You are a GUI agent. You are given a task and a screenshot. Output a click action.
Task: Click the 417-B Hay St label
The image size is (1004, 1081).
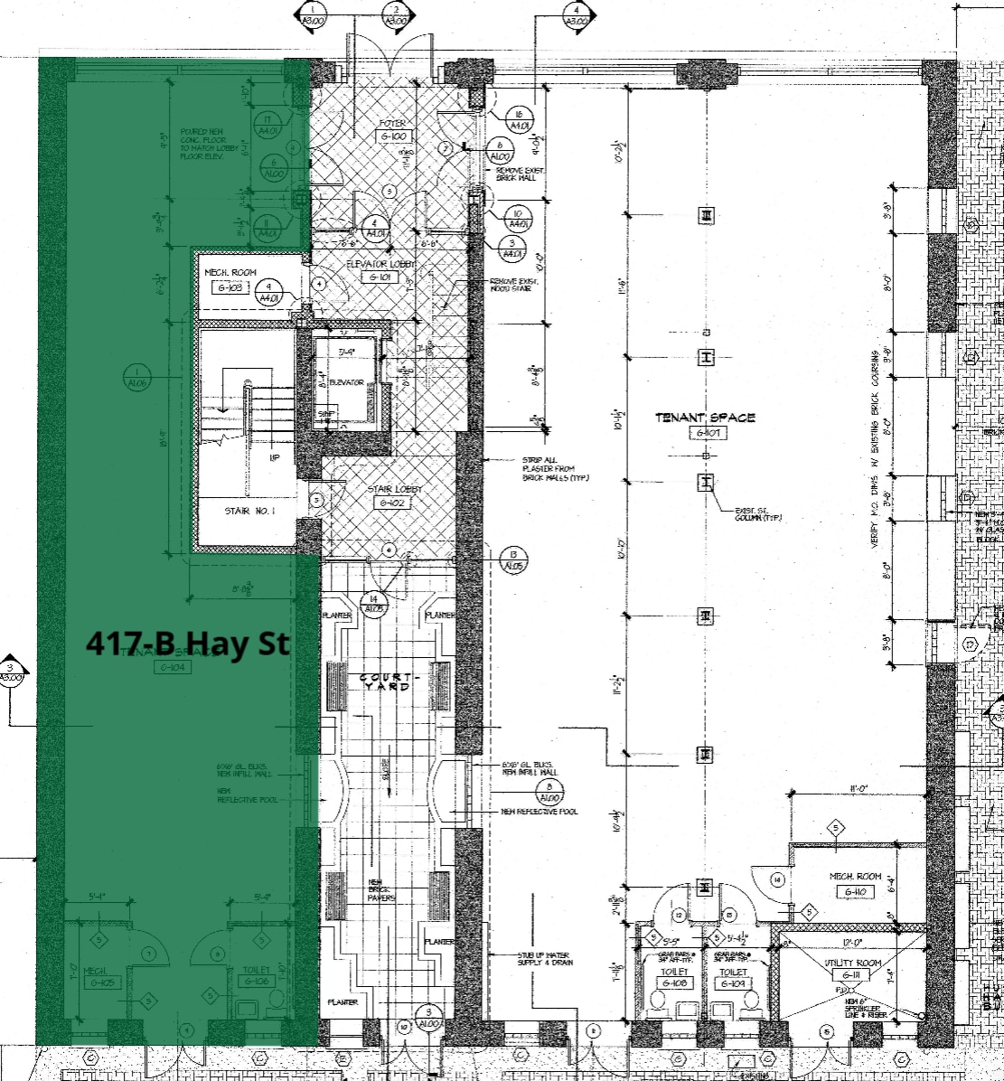(188, 644)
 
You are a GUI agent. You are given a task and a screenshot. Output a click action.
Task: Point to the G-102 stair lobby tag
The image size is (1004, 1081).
(394, 503)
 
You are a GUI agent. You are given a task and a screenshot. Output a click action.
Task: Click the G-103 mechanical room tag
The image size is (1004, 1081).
(230, 288)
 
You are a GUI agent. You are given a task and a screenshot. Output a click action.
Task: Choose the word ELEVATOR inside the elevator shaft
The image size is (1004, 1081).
(346, 382)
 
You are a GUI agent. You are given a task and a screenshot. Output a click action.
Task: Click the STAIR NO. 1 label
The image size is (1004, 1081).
(248, 512)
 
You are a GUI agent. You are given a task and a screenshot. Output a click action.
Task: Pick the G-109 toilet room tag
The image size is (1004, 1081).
(732, 982)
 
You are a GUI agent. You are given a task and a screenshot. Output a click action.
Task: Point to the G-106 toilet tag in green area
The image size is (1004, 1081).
(256, 981)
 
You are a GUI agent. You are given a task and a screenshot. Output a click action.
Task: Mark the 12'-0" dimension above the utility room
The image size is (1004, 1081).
(851, 942)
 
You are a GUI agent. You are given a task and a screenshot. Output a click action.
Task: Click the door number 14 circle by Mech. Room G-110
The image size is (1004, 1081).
(776, 879)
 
